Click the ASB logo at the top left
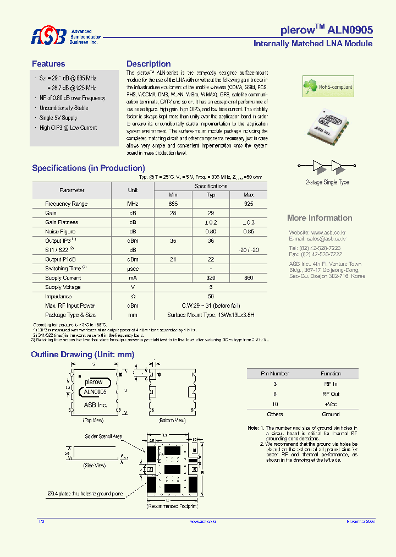coord(48,36)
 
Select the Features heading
coord(48,64)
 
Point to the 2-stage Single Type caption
coord(327,182)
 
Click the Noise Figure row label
coord(61,232)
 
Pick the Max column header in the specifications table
coord(249,195)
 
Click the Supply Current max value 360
coord(249,278)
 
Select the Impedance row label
coord(58,296)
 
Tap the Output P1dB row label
coord(61,259)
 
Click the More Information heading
coord(320,218)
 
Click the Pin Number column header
coord(275,374)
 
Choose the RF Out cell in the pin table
coord(331,394)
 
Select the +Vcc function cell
coord(331,404)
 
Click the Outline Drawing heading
coord(82,355)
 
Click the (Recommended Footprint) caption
coord(172,505)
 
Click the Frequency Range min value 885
coord(173,204)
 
